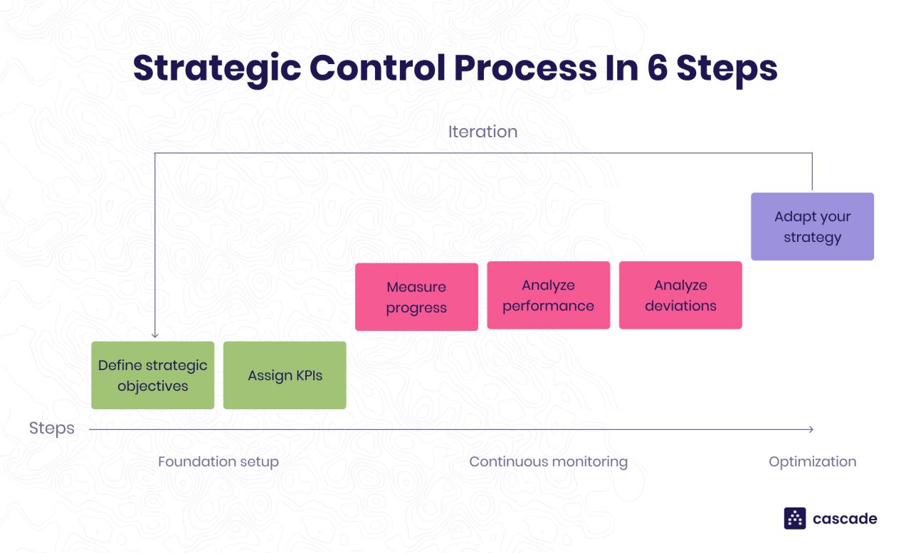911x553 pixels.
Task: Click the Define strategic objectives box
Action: tap(152, 375)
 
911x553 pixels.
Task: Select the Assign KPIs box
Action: tap(285, 375)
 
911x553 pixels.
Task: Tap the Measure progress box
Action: tap(416, 297)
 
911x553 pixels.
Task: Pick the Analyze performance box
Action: tap(548, 295)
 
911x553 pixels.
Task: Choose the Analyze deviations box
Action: tap(680, 295)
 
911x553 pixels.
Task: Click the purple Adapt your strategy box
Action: tap(812, 226)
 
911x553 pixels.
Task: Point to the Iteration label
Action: tap(483, 132)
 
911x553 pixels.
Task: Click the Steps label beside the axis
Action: tap(51, 428)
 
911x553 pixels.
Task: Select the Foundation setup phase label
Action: tap(218, 461)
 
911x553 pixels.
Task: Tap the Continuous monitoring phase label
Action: tap(548, 461)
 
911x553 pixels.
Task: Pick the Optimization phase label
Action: tap(812, 461)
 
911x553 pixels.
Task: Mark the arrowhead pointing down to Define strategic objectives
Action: tap(155, 335)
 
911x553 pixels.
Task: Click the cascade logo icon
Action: tap(794, 518)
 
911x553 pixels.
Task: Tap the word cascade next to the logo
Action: tap(845, 519)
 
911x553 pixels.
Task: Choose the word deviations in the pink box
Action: tap(680, 306)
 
